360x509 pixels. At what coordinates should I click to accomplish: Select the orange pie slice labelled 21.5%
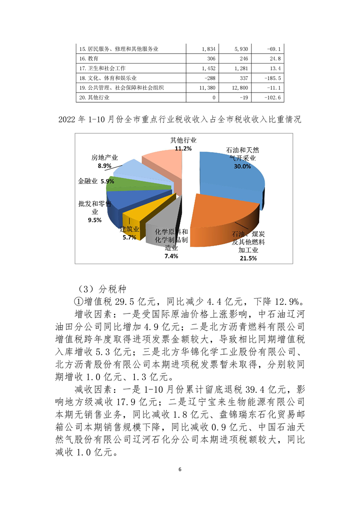click(218, 218)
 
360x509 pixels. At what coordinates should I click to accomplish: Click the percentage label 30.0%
click(241, 166)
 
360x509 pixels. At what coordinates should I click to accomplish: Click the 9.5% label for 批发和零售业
click(94, 220)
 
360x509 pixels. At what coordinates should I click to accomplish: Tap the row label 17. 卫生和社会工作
click(102, 69)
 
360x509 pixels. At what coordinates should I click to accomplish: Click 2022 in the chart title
click(68, 120)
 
